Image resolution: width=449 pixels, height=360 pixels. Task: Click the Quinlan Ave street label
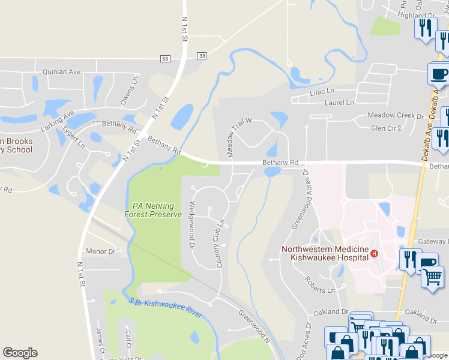[61, 72]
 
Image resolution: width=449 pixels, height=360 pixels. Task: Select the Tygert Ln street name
[75, 137]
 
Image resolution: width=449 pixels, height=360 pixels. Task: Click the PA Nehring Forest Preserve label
[152, 209]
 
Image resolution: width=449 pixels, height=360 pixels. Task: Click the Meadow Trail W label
[238, 137]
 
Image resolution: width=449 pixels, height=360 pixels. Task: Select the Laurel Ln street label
[339, 103]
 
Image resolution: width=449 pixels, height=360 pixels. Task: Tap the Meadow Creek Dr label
[391, 115]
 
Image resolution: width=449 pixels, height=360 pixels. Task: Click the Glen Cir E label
[386, 128]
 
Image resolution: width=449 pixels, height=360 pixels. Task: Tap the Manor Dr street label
[100, 251]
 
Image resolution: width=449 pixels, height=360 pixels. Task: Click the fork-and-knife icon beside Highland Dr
[425, 27]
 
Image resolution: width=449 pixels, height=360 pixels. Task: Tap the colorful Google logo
[20, 353]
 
